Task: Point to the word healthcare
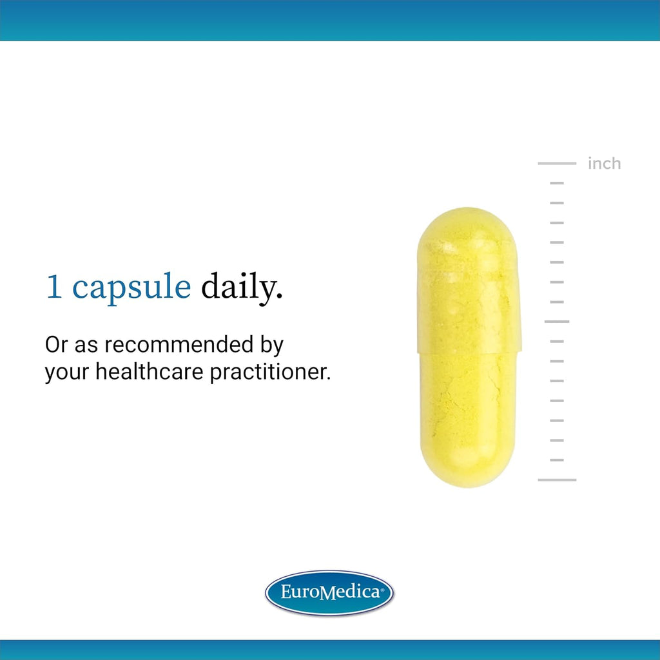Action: [149, 372]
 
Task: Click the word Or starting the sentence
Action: [57, 345]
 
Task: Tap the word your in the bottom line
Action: [67, 374]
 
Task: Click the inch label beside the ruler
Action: [604, 163]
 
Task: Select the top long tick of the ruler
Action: [557, 163]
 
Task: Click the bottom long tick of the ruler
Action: [557, 480]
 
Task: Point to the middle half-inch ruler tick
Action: [557, 322]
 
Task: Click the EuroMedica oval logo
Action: [329, 593]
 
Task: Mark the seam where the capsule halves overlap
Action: [469, 352]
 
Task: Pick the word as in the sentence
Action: [86, 346]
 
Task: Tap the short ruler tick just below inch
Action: [557, 183]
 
